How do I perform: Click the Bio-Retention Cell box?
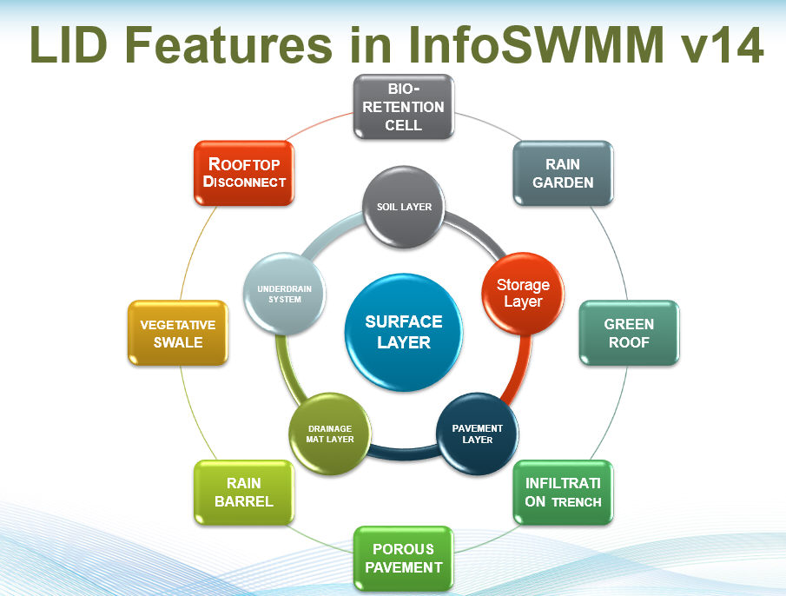[x=404, y=107]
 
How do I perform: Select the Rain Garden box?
[x=563, y=173]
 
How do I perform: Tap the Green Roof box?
[x=629, y=333]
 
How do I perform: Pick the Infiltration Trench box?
[x=563, y=493]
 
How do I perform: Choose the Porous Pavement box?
[x=404, y=558]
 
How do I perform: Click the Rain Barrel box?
[x=244, y=493]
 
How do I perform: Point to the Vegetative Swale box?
[x=178, y=333]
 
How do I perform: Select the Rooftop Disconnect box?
[x=244, y=173]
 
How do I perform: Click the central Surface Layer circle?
[x=404, y=333]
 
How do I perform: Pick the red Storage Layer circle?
[x=523, y=294]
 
